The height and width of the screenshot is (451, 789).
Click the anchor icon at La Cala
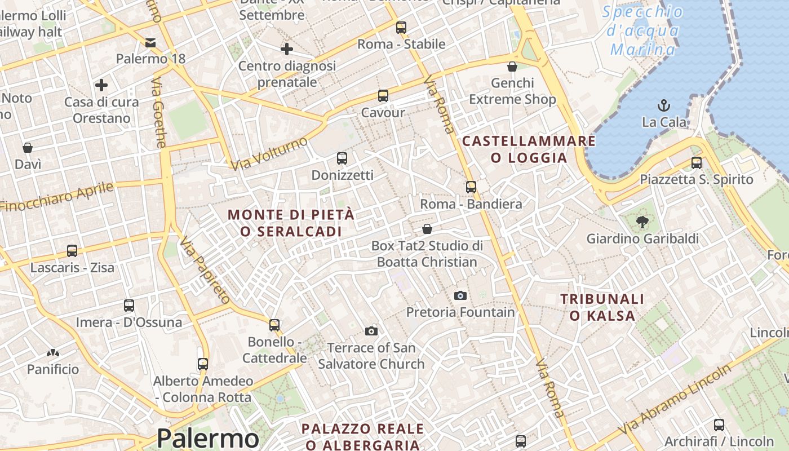[x=664, y=105]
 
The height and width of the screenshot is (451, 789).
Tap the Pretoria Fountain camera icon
[x=460, y=295]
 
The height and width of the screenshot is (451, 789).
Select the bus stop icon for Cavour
[x=383, y=96]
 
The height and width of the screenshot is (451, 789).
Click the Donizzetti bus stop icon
[x=342, y=158]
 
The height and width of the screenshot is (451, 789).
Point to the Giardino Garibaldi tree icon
[x=641, y=222]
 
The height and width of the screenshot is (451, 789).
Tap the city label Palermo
[x=207, y=438]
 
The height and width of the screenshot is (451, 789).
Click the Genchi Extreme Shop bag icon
[x=512, y=67]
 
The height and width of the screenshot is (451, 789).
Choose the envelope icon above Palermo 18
[x=150, y=42]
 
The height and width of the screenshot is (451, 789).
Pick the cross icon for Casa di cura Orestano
[x=101, y=85]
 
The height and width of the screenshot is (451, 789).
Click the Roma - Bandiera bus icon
[x=471, y=187]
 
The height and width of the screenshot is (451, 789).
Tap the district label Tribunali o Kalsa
[x=602, y=307]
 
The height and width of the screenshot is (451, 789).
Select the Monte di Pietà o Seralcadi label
[x=291, y=223]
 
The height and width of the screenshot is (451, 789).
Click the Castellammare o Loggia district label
[x=529, y=149]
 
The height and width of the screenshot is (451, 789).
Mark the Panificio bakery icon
[x=53, y=353]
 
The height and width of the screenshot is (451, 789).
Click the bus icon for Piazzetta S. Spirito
[x=697, y=163]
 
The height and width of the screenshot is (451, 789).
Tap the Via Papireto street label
[x=204, y=270]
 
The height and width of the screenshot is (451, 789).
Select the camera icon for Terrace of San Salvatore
[x=371, y=331]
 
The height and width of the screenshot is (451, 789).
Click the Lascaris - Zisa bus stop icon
[x=72, y=251]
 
